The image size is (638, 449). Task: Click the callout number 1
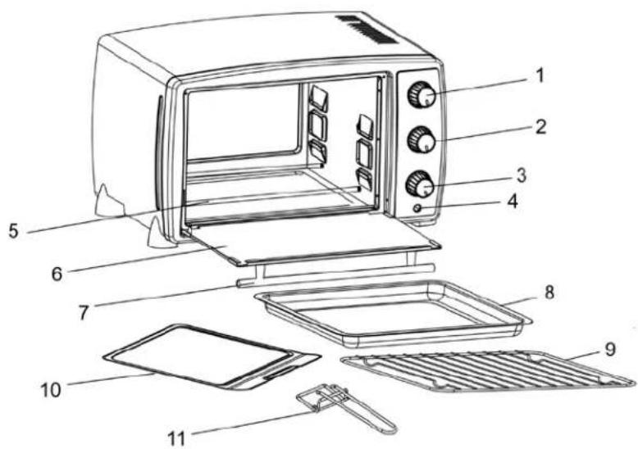click(x=540, y=75)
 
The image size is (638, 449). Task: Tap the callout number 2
click(x=540, y=127)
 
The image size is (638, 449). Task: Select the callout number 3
click(x=522, y=175)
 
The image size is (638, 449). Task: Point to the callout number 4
click(x=513, y=202)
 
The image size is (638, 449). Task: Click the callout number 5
click(x=14, y=230)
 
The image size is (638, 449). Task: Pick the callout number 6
click(x=57, y=274)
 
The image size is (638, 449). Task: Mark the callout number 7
click(x=84, y=312)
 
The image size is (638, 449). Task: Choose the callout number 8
click(x=549, y=292)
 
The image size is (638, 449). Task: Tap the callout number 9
click(x=610, y=349)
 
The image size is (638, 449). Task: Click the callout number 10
click(x=51, y=390)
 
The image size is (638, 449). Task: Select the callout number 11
click(x=176, y=438)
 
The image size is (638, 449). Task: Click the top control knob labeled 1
click(x=422, y=95)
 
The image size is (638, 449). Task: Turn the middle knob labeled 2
click(x=422, y=140)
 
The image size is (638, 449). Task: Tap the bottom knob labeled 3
click(x=420, y=184)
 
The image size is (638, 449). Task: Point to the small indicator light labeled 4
click(x=417, y=208)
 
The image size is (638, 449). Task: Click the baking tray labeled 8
click(x=393, y=312)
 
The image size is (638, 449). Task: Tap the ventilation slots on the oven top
click(x=366, y=29)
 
